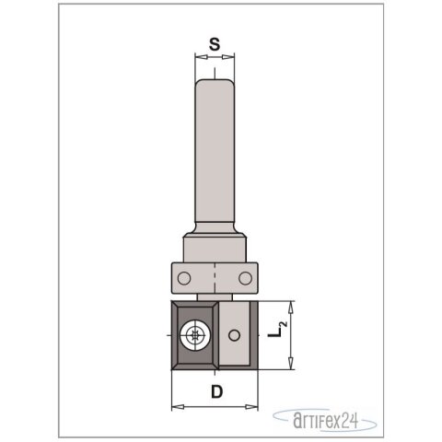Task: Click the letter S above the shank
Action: click(x=213, y=42)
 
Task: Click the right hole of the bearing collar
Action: click(x=245, y=276)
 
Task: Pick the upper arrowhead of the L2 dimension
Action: click(x=291, y=306)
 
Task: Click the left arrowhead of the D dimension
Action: click(x=175, y=406)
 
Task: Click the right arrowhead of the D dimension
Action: click(x=256, y=406)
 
